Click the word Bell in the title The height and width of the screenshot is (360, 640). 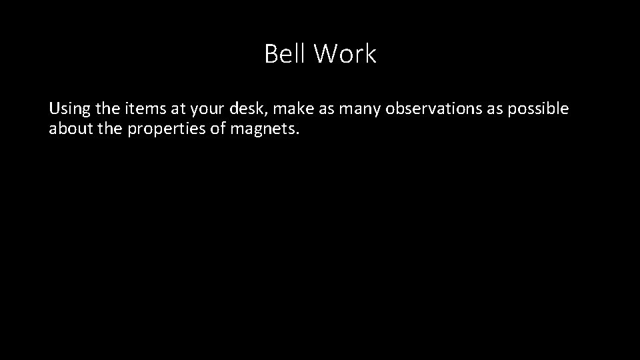point(284,54)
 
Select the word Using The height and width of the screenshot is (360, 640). point(67,109)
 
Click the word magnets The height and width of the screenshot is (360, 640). point(265,129)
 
